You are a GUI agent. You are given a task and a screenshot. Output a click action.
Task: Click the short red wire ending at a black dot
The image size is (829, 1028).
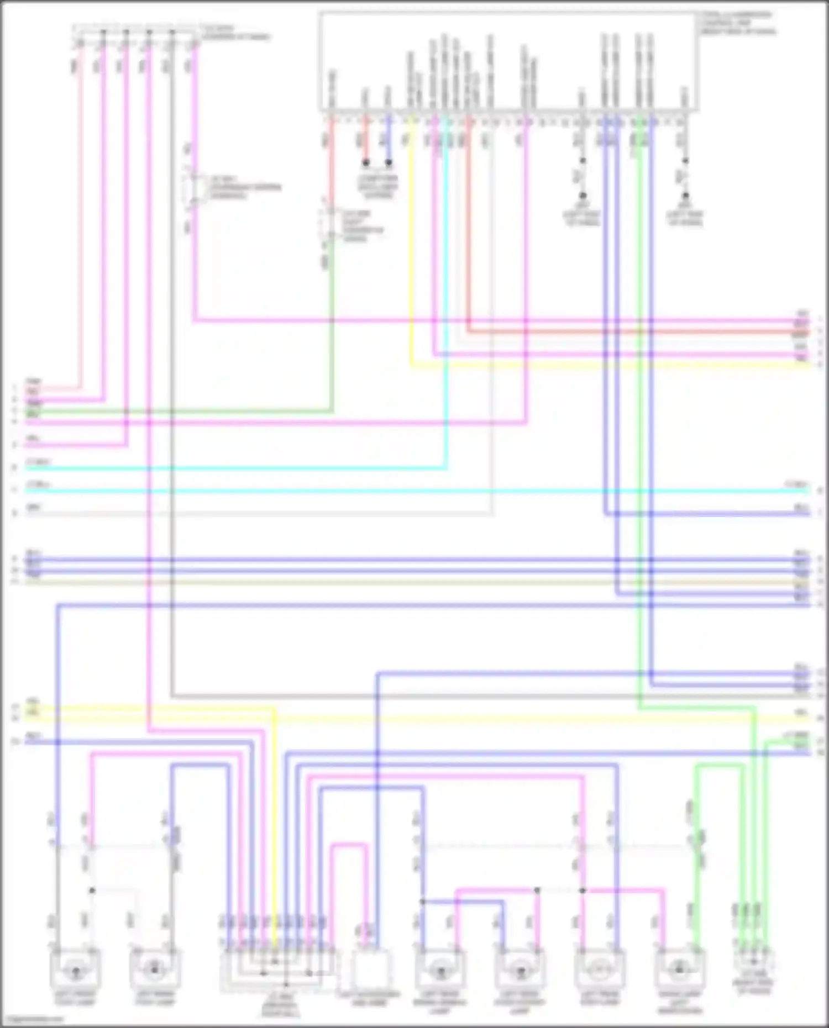click(x=365, y=141)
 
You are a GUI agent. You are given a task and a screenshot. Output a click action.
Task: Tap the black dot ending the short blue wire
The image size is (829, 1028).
click(x=389, y=163)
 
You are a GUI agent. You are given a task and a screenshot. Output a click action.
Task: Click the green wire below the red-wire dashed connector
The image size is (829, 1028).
click(x=332, y=331)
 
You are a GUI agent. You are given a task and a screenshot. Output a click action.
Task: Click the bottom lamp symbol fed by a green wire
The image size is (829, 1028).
click(x=679, y=969)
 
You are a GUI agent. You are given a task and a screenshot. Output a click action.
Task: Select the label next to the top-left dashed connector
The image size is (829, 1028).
click(x=236, y=32)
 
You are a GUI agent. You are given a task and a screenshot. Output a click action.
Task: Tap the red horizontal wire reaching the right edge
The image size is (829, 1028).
click(x=636, y=332)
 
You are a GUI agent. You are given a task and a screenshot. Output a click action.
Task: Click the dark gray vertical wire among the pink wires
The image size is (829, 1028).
click(x=172, y=331)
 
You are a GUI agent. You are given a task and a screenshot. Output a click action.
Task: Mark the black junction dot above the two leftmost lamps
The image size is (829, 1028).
click(x=92, y=890)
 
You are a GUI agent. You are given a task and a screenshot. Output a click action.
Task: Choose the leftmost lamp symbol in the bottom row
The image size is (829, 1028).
click(x=75, y=969)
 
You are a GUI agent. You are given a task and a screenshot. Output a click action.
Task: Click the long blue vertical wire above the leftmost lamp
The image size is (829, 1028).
click(x=58, y=718)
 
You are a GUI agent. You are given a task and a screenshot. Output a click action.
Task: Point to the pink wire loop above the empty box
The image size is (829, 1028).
click(x=349, y=845)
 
